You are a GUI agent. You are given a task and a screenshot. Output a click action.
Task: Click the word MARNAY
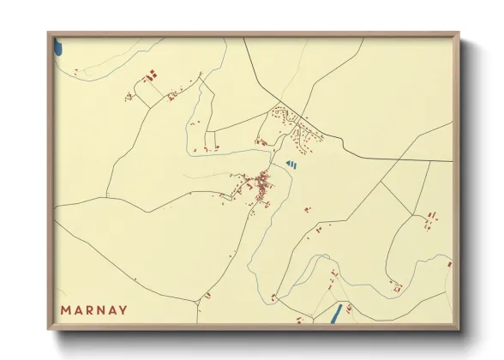94,309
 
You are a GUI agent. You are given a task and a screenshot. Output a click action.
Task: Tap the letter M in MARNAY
66,309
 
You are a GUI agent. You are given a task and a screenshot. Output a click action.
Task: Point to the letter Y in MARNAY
123,309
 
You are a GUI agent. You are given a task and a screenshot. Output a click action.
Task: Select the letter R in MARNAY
89,309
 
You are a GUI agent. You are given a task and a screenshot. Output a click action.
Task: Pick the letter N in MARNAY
100,309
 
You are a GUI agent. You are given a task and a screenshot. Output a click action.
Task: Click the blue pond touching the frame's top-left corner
57,45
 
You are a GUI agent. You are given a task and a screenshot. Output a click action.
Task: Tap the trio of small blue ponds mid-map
291,162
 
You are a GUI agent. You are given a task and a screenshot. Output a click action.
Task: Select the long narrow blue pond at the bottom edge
337,315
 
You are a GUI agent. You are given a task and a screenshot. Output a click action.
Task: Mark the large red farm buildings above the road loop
153,75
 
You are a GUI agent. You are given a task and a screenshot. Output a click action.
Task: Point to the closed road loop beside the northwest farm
147,93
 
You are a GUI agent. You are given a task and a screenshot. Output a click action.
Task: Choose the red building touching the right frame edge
449,264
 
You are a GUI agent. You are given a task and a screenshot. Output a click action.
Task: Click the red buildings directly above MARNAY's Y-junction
207,295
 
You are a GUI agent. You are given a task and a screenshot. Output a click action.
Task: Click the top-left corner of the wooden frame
49,34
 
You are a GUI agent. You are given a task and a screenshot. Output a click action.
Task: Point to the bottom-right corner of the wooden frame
458,328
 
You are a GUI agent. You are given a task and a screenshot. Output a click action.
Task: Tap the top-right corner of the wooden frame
458,34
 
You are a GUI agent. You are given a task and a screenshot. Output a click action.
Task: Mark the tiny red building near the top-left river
78,69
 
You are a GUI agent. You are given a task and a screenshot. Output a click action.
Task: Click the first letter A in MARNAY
77,309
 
